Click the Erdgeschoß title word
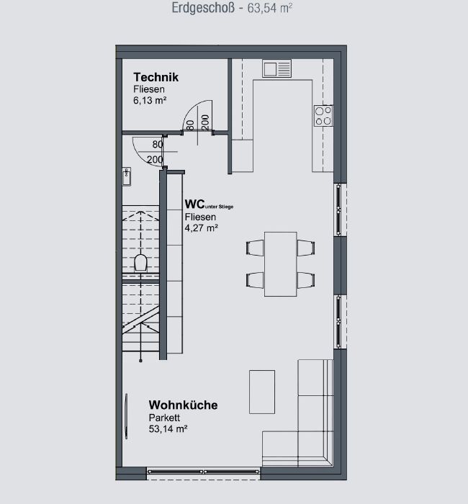(203, 8)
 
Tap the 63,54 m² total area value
(270, 8)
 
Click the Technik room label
(156, 77)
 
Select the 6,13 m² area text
(150, 100)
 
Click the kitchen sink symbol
(276, 68)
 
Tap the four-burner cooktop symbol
(323, 116)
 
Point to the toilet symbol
(140, 262)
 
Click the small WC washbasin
(127, 176)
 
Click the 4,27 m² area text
(202, 228)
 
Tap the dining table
(281, 264)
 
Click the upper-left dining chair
(255, 248)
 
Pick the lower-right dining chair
(306, 280)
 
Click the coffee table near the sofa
(262, 392)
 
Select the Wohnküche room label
(183, 405)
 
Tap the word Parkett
(164, 418)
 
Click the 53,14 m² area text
(168, 429)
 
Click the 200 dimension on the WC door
(155, 159)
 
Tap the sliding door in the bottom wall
(203, 472)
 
